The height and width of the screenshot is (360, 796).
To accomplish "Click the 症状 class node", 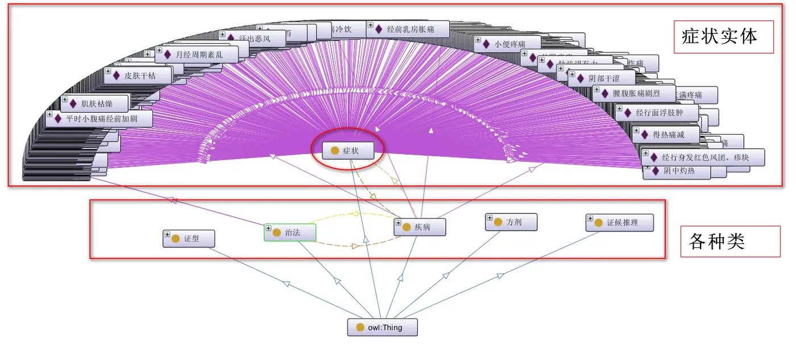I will pyautogui.click(x=348, y=151).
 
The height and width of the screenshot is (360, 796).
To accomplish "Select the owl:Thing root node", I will pyautogui.click(x=382, y=327).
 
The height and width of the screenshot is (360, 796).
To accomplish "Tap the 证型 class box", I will pyautogui.click(x=188, y=239).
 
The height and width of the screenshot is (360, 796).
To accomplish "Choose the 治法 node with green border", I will pyautogui.click(x=290, y=233).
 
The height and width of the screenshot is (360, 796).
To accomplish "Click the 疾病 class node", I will pyautogui.click(x=420, y=227).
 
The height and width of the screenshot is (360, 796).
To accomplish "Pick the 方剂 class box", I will pyautogui.click(x=511, y=222).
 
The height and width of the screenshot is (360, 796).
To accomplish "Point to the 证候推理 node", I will pyautogui.click(x=620, y=223).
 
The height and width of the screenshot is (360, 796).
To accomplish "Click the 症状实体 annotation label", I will pyautogui.click(x=723, y=37).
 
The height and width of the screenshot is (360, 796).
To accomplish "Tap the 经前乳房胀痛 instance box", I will pyautogui.click(x=408, y=29).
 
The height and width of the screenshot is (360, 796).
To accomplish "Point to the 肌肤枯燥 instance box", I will pyautogui.click(x=95, y=104).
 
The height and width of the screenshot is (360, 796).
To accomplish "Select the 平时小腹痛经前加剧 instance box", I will pyautogui.click(x=100, y=119).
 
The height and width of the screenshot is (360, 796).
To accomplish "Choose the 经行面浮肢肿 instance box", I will pyautogui.click(x=656, y=113).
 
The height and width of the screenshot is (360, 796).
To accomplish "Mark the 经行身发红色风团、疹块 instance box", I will pyautogui.click(x=703, y=157).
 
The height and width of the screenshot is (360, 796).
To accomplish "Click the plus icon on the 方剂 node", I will pyautogui.click(x=490, y=218).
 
